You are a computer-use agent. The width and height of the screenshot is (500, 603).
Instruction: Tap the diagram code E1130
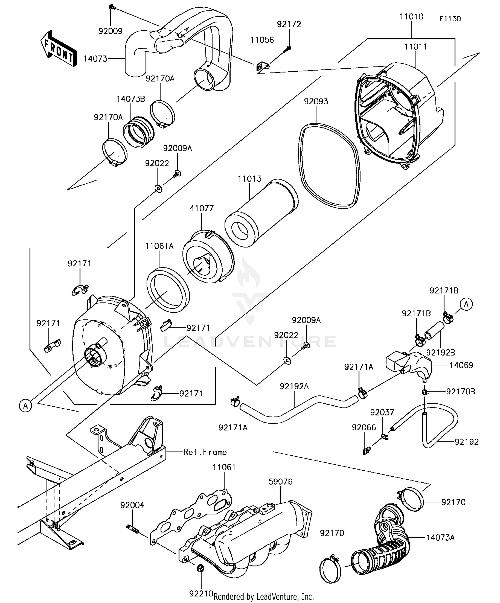(450, 19)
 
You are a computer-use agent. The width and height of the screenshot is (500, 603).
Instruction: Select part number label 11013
(249, 179)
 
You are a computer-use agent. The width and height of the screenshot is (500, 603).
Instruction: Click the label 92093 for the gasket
(316, 101)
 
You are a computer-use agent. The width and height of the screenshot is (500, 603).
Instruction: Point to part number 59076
(280, 482)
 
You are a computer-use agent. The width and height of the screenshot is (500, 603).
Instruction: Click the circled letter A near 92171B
(466, 304)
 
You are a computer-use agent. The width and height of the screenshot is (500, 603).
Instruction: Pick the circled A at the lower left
(25, 406)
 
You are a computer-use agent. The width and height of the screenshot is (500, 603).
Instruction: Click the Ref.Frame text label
(205, 452)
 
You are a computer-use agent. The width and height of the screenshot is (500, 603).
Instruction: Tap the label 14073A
(440, 538)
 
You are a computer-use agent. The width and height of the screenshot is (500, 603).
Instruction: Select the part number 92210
(201, 593)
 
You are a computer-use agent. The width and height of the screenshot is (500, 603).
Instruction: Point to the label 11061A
(159, 246)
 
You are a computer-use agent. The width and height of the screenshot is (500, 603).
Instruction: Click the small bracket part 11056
(262, 66)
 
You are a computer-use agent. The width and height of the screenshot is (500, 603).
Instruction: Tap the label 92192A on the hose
(294, 386)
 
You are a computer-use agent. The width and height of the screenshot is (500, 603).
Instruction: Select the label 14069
(461, 365)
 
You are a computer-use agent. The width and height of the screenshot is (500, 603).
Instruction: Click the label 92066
(364, 427)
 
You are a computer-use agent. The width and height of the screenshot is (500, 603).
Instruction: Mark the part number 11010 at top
(411, 17)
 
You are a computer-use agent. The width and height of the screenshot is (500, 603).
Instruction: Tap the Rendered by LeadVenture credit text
(263, 596)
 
